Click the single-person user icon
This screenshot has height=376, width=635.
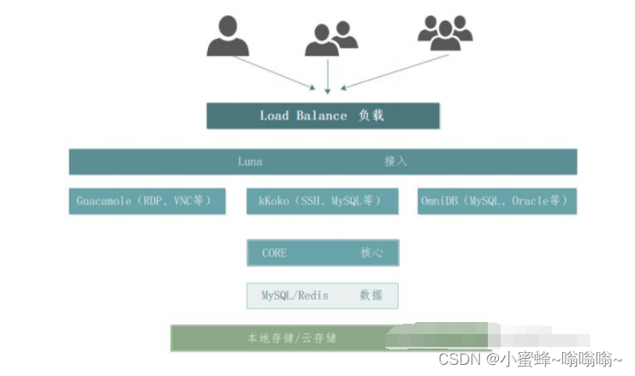(228, 36)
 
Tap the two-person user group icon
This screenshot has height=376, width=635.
(330, 39)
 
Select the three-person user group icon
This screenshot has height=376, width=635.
(445, 34)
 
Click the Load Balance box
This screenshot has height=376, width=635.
(323, 116)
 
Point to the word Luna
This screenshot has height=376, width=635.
(250, 161)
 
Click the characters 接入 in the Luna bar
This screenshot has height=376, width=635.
(395, 161)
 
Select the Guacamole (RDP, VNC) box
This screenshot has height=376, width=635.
(147, 201)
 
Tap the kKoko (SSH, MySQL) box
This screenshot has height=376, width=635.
(323, 201)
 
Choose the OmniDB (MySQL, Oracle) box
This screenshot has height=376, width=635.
(496, 201)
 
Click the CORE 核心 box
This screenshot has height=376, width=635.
(323, 253)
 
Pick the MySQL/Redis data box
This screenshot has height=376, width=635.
(323, 295)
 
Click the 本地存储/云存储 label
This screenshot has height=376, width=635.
(293, 338)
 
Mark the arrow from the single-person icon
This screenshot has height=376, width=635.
(273, 72)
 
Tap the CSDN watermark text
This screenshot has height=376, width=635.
(531, 360)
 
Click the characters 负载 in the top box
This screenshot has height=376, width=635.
(371, 116)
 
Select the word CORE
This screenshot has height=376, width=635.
(274, 253)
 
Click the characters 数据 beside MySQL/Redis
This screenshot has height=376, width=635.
(371, 295)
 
